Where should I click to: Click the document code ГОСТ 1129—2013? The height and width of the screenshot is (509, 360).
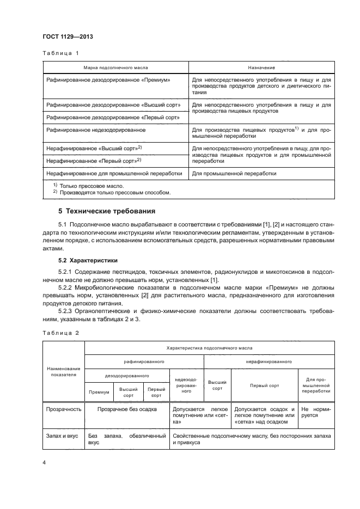(x=68, y=36)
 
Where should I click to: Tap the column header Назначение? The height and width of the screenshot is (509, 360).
(x=261, y=67)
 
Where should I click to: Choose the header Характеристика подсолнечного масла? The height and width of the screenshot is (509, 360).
(x=209, y=347)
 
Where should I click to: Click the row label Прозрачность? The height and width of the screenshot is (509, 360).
(x=64, y=409)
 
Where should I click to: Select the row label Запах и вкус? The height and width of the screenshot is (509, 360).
(x=62, y=436)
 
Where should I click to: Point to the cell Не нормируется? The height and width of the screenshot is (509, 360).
(x=314, y=412)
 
